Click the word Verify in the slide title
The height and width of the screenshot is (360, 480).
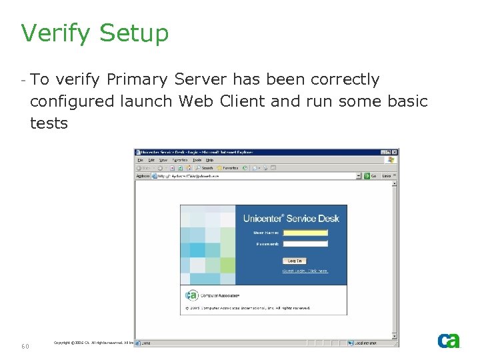pos(52,33)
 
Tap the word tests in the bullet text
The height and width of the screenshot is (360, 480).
pos(49,123)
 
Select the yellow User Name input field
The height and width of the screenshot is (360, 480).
pos(305,233)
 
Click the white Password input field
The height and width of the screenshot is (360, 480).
pos(305,244)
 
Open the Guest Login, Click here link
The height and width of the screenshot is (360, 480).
pos(305,271)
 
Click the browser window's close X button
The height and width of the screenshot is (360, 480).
pos(395,152)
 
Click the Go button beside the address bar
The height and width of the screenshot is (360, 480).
pos(371,176)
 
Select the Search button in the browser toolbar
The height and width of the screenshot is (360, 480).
pos(205,168)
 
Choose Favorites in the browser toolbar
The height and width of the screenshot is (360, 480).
pos(229,168)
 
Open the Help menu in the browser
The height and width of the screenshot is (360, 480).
pos(209,160)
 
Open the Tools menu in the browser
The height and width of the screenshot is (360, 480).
pos(197,160)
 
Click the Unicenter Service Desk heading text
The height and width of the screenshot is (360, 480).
pos(291,219)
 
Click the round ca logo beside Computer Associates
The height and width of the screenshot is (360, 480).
pos(191,295)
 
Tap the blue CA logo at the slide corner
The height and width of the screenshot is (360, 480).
pos(449,341)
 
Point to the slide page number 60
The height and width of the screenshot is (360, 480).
pos(25,346)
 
